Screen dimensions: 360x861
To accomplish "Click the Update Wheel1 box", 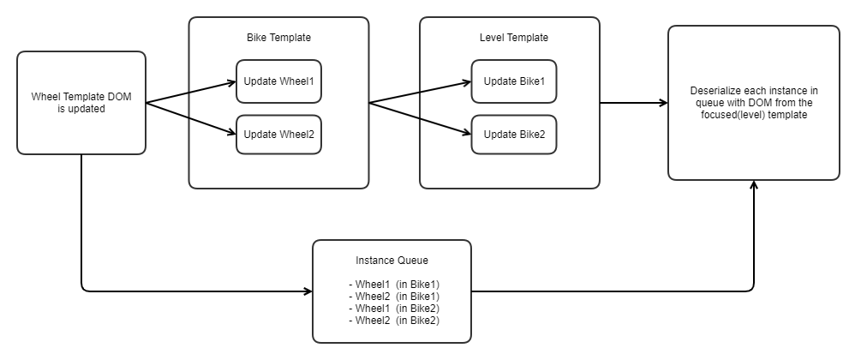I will pyautogui.click(x=278, y=81).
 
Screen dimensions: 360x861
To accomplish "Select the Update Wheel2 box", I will pyautogui.click(x=278, y=135).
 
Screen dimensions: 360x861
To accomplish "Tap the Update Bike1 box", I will pyautogui.click(x=514, y=81).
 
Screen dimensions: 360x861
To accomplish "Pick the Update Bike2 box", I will pyautogui.click(x=514, y=135).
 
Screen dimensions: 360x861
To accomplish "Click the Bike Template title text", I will pyautogui.click(x=278, y=38).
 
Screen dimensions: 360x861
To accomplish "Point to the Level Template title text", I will pyautogui.click(x=513, y=38).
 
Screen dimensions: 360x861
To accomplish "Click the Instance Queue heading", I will pyautogui.click(x=392, y=261).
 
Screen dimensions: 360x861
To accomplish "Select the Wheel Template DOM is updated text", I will pyautogui.click(x=81, y=103).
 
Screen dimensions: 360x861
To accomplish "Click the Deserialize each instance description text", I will pyautogui.click(x=753, y=102).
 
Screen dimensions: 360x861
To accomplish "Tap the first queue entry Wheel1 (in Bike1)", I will pyautogui.click(x=394, y=285).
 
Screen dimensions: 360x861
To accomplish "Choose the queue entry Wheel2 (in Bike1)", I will pyautogui.click(x=394, y=297).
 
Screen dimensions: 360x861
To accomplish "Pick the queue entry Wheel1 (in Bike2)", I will pyautogui.click(x=394, y=309).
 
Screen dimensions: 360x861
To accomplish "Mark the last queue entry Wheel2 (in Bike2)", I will pyautogui.click(x=394, y=321).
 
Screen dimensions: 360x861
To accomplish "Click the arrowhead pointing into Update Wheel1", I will pyautogui.click(x=230, y=82).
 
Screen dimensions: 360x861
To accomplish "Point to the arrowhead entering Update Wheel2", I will pyautogui.click(x=230, y=133).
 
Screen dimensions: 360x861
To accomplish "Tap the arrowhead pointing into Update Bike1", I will pyautogui.click(x=466, y=83).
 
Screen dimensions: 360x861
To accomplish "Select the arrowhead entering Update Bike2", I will pyautogui.click(x=466, y=133).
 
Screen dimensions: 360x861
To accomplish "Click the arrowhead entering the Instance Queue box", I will pyautogui.click(x=308, y=291).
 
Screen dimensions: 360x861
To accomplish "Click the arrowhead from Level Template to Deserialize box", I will pyautogui.click(x=662, y=103).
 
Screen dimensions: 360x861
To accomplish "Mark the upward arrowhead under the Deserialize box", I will pyautogui.click(x=754, y=186).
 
